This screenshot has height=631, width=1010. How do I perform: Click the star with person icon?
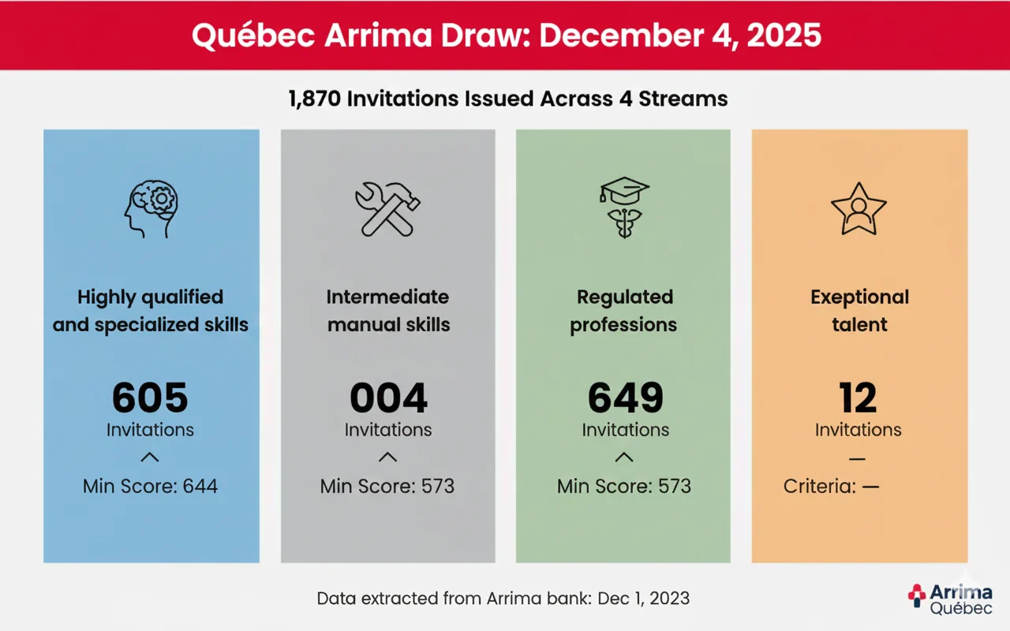(858, 209)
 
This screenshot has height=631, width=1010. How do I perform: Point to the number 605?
(150, 398)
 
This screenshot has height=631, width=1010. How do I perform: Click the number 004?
(388, 398)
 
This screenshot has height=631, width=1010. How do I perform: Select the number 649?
(625, 398)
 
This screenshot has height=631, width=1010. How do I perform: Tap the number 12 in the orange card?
(858, 398)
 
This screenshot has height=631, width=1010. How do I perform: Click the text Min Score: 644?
(150, 486)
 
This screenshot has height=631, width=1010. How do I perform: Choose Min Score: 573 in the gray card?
(387, 486)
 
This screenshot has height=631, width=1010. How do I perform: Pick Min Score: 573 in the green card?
(624, 486)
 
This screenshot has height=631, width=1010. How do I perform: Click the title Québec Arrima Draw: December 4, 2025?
(505, 36)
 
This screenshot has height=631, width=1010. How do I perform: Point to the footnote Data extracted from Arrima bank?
(503, 598)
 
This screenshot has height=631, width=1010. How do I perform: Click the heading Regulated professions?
(624, 311)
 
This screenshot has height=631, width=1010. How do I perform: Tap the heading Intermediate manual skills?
(388, 311)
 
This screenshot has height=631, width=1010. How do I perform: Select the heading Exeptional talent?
(859, 311)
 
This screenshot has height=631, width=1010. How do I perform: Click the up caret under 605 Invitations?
(150, 457)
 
